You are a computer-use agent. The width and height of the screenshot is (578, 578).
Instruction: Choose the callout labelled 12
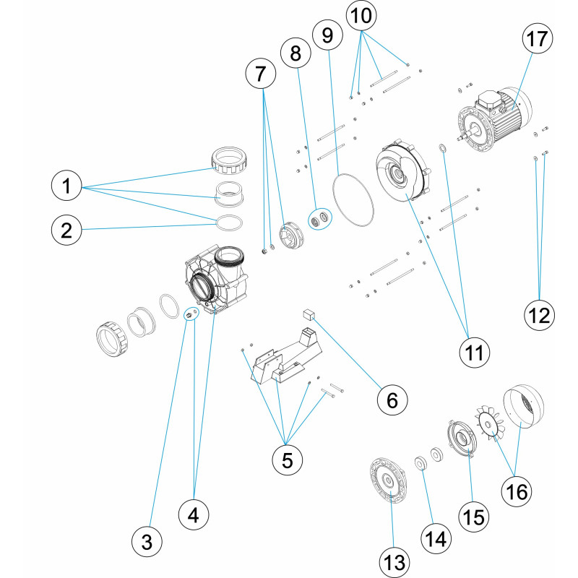[x=540, y=315]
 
